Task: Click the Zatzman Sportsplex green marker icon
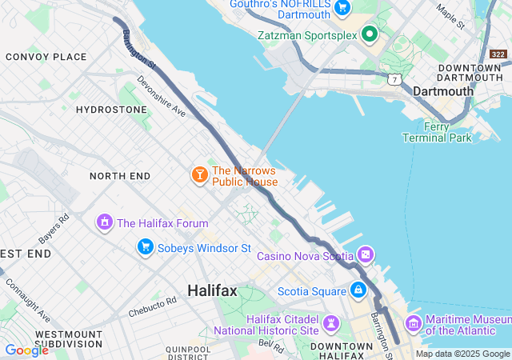click(x=369, y=34)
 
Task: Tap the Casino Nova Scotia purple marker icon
click(x=366, y=255)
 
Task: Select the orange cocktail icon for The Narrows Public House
click(x=199, y=174)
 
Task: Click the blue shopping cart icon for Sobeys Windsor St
click(x=145, y=246)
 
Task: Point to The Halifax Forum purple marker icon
click(x=104, y=222)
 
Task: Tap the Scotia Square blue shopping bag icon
click(x=358, y=289)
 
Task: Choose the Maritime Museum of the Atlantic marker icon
click(x=413, y=323)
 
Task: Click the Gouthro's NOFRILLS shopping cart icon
click(x=342, y=8)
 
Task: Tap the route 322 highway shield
click(x=498, y=54)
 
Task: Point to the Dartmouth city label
click(x=443, y=91)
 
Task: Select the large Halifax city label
click(x=212, y=290)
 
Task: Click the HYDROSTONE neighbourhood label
click(x=111, y=110)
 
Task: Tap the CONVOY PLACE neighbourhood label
click(x=46, y=57)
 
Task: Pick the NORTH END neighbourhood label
click(x=119, y=175)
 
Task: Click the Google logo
click(x=26, y=350)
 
